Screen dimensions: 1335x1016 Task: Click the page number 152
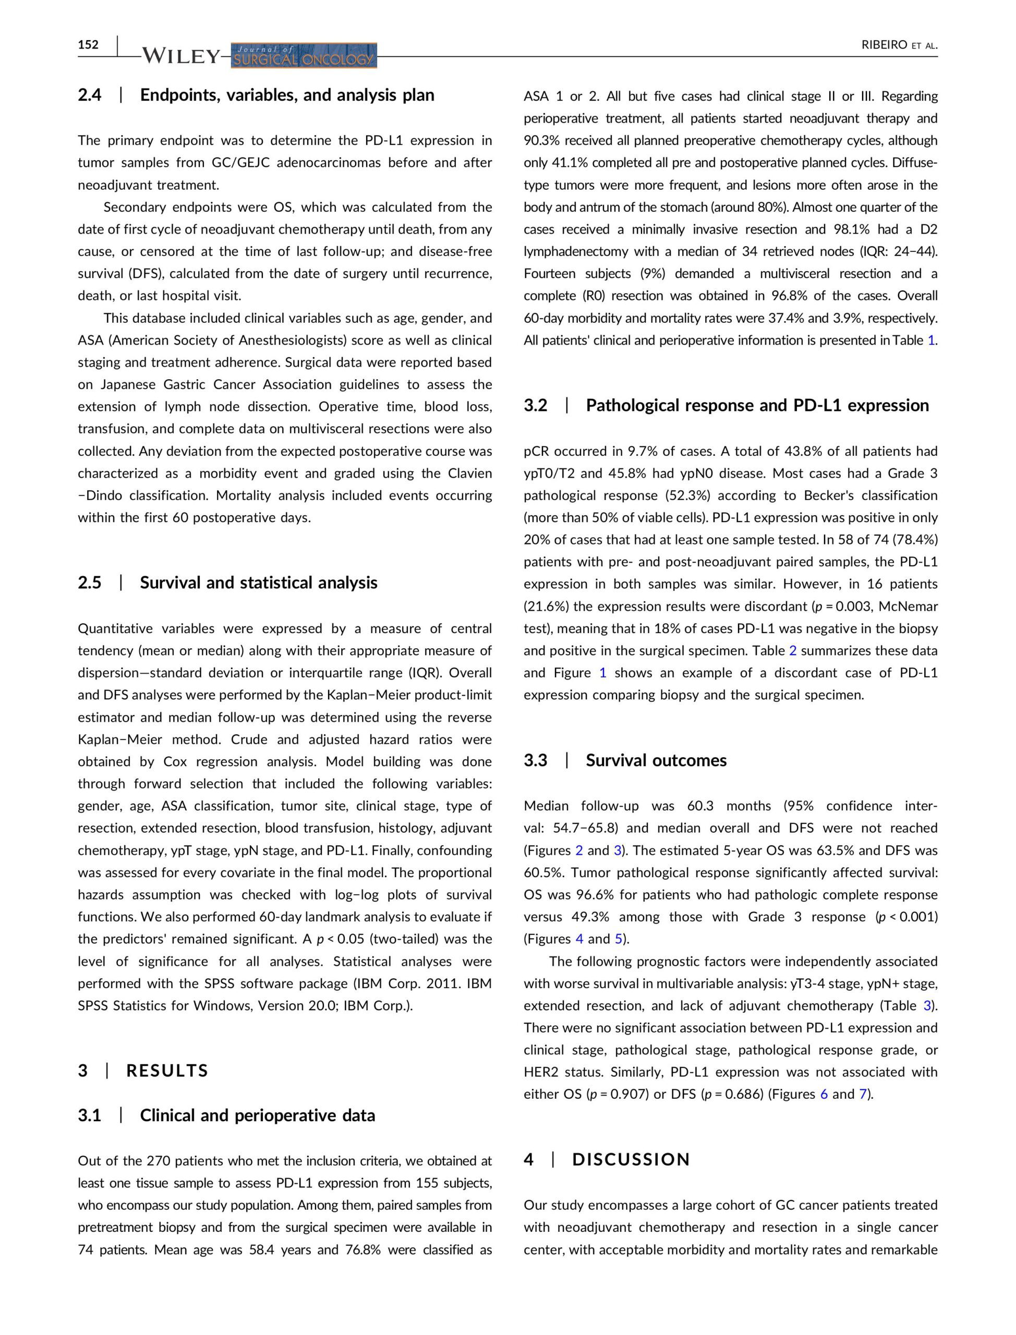click(x=88, y=45)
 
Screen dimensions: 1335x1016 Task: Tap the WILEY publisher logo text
click(x=180, y=57)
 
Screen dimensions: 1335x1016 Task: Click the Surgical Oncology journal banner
click(x=304, y=56)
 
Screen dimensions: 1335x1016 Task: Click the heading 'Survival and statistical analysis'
click(x=258, y=583)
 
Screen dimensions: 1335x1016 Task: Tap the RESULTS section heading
click(x=167, y=1071)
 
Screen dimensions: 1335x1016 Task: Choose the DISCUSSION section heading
click(x=631, y=1160)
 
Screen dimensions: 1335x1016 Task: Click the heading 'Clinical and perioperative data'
click(x=257, y=1115)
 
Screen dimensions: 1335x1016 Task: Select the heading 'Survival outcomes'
click(x=656, y=761)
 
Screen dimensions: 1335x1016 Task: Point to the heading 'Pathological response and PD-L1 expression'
click(x=757, y=405)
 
